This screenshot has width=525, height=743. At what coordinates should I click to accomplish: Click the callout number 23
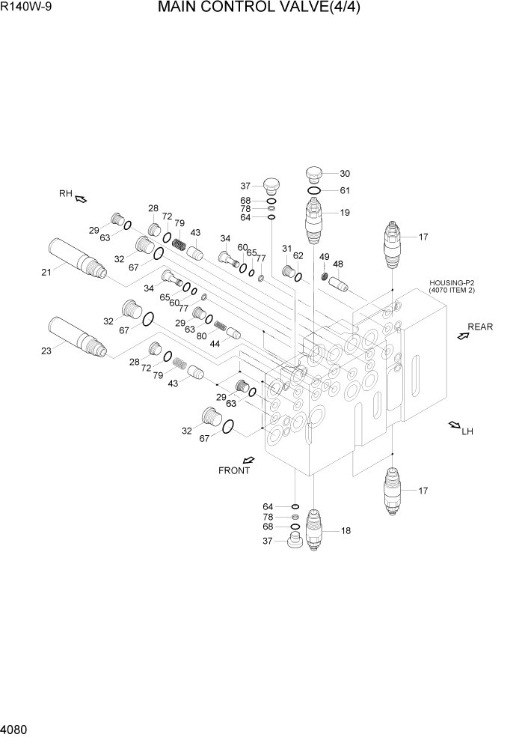46,351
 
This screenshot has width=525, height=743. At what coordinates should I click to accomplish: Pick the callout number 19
345,213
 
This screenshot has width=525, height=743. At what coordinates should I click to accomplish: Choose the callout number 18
346,531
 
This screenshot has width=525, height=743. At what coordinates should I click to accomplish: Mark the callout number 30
345,173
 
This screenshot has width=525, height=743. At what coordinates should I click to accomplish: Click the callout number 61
345,190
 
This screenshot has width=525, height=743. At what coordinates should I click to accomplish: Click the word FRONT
234,471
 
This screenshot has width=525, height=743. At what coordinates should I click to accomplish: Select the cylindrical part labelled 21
78,256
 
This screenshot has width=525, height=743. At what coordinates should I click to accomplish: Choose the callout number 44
215,343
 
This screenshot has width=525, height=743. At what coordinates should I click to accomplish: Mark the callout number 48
338,264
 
